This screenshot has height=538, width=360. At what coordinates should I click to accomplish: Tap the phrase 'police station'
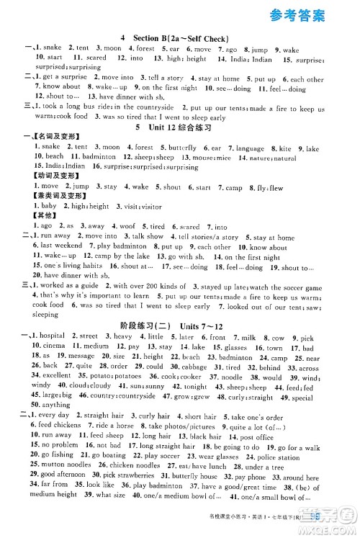click(279, 457)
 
